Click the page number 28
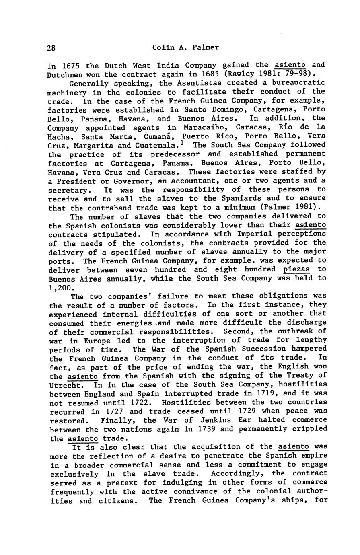click(51, 48)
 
